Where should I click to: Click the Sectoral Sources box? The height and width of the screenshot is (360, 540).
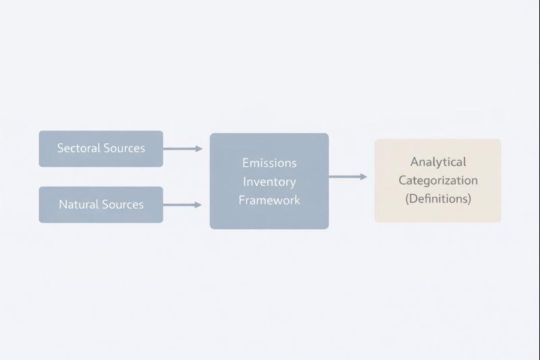(101, 149)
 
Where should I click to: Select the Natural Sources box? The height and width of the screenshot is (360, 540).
(101, 205)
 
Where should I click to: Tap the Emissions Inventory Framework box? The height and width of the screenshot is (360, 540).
(269, 181)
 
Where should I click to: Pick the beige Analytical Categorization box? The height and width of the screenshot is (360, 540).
(437, 180)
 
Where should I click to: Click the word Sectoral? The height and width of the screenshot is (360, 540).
(78, 148)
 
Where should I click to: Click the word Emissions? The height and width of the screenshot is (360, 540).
(269, 163)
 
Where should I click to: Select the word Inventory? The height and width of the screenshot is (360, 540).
(269, 182)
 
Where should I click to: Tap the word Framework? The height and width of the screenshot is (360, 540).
(269, 201)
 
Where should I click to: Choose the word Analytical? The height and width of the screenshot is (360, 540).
(438, 162)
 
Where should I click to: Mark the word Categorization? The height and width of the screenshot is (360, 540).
(438, 180)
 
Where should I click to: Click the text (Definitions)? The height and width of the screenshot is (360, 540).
(438, 199)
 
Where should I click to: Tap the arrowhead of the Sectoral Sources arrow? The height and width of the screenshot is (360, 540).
(199, 149)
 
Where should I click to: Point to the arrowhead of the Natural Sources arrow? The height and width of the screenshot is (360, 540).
(198, 204)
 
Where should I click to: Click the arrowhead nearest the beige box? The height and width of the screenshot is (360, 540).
(364, 176)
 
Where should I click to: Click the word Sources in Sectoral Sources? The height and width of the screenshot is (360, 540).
(124, 148)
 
